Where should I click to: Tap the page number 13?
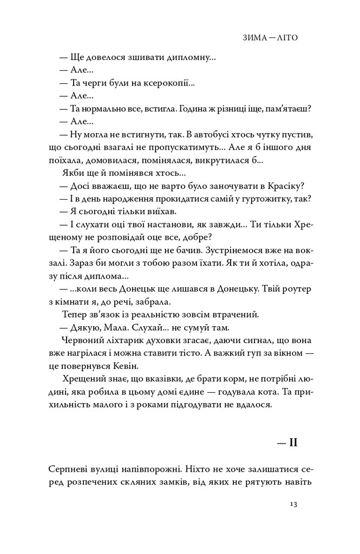pyautogui.click(x=293, y=504)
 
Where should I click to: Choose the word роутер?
pyautogui.click(x=297, y=289)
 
